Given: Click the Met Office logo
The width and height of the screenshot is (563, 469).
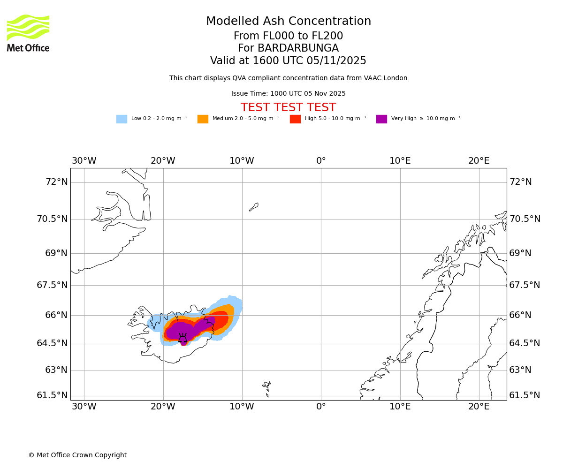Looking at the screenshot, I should (28, 33).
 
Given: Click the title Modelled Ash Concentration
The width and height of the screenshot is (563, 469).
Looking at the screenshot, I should (288, 22).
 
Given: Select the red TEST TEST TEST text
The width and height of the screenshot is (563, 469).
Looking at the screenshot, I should (288, 107).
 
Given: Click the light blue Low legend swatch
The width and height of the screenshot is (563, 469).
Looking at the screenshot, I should (122, 119).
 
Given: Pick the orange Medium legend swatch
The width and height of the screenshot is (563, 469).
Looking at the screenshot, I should (203, 119).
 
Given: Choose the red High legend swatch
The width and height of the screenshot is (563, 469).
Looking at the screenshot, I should (295, 119).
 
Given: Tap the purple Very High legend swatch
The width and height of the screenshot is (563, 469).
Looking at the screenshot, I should (381, 119).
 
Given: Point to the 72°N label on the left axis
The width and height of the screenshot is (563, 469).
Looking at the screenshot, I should (56, 182).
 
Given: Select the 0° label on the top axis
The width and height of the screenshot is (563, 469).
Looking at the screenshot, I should (321, 161).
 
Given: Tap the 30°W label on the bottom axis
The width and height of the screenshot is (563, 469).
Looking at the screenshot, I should (84, 407).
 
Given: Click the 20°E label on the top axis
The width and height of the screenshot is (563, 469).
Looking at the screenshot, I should (479, 161).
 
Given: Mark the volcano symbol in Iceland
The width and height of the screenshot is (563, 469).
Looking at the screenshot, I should (183, 338).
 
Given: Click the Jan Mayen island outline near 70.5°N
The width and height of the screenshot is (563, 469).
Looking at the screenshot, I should (254, 207).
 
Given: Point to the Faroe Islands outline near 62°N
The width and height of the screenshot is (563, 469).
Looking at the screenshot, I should (267, 387).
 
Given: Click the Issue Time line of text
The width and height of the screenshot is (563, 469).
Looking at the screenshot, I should (288, 94).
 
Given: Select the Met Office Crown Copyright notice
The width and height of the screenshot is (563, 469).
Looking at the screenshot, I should (77, 455).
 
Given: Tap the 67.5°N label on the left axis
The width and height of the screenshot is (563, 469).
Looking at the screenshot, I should (52, 285).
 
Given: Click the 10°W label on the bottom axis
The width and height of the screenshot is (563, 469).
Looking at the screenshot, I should (242, 407).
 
